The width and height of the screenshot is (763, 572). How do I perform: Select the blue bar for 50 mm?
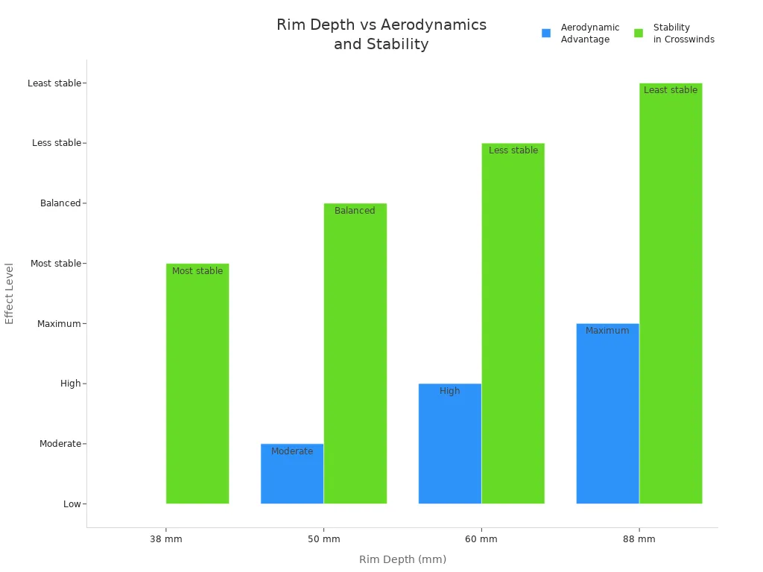tap(292, 477)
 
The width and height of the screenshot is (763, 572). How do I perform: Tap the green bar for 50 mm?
tap(355, 357)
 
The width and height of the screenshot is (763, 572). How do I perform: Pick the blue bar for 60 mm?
tap(450, 447)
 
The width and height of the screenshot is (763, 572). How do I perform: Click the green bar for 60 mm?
tap(513, 328)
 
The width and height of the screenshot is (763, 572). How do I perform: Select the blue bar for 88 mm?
tap(608, 417)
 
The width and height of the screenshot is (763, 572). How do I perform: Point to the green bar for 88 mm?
tap(671, 298)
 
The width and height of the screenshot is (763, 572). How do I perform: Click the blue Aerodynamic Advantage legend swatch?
tap(546, 34)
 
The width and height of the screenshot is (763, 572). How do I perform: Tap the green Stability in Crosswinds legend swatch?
tap(639, 34)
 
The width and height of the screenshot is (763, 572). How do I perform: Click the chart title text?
tap(381, 34)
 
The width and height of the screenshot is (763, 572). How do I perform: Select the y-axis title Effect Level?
tap(10, 293)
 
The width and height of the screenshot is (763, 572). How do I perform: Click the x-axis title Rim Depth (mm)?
tap(402, 559)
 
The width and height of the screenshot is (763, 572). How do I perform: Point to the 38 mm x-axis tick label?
tap(165, 539)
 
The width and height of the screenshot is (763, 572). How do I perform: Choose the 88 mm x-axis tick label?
tap(639, 539)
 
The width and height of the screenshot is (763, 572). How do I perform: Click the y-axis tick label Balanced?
tap(60, 203)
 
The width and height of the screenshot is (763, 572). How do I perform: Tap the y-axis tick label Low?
tap(72, 504)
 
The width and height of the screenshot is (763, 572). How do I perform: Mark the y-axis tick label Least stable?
tap(54, 83)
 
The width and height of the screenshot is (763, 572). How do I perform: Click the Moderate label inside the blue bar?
tap(292, 451)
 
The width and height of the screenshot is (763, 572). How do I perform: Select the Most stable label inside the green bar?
tap(197, 271)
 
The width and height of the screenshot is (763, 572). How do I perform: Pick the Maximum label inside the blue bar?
tap(607, 331)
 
